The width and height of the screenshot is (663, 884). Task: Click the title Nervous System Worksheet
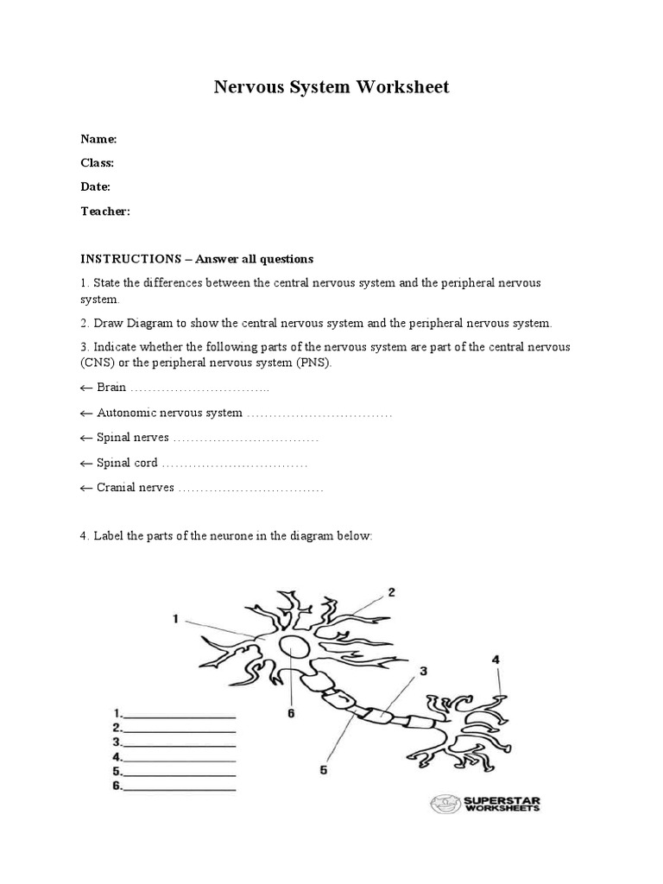coord(331,88)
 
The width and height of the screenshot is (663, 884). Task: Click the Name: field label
coord(98,139)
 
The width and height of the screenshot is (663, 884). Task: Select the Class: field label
coord(98,162)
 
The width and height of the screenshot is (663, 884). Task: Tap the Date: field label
coord(96,186)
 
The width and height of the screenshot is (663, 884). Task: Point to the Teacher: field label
coord(105,211)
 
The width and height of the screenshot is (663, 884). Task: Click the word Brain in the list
coord(111,388)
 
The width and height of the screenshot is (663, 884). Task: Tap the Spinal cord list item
coord(127,464)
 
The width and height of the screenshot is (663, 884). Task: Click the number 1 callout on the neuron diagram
coord(175,618)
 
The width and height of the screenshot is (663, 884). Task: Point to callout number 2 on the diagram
coord(391,592)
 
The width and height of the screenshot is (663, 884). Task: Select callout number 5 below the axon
coord(323,771)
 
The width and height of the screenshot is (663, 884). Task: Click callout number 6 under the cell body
coord(291,714)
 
